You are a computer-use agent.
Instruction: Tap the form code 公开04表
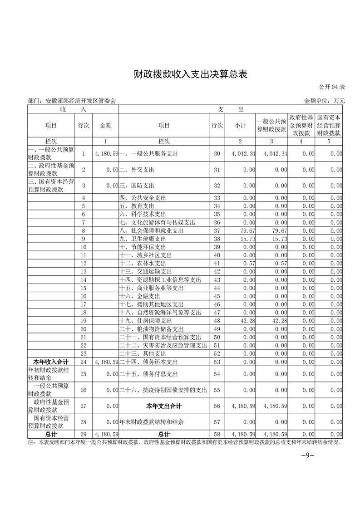(331, 87)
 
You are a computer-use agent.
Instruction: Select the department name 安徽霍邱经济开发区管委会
(72, 101)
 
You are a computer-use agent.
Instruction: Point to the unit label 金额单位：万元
(324, 101)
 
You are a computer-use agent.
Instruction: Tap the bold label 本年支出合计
(164, 406)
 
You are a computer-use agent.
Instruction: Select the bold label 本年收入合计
(51, 362)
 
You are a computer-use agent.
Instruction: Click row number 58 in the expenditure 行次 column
(217, 434)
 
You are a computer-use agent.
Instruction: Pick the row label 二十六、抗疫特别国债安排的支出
(163, 390)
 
